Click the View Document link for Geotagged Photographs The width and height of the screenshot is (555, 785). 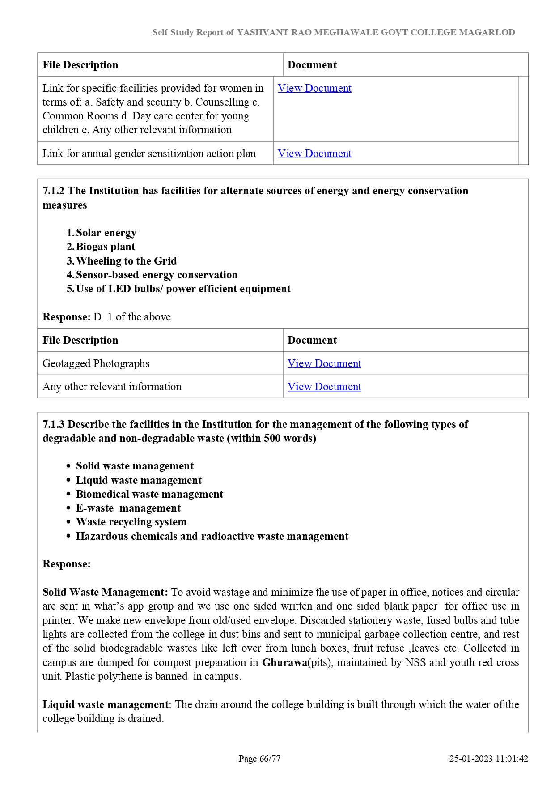[x=324, y=363]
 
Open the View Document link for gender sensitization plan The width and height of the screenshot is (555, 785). [x=314, y=154]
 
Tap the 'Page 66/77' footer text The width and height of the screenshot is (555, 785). [x=259, y=759]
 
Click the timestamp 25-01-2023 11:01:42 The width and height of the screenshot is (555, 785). [x=489, y=759]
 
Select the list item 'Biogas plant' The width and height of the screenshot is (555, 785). [x=106, y=247]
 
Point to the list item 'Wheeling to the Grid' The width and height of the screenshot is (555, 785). [x=127, y=261]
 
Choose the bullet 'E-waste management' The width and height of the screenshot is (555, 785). [x=128, y=508]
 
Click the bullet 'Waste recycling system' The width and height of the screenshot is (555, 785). [x=131, y=522]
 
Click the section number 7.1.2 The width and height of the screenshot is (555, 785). [x=54, y=191]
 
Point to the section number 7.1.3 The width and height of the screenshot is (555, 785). [x=54, y=424]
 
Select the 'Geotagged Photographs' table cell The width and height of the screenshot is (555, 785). [x=96, y=363]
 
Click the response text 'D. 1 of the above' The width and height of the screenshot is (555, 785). [x=132, y=317]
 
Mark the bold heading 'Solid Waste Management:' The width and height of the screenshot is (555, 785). [x=105, y=592]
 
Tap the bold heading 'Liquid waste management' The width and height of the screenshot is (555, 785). [x=106, y=704]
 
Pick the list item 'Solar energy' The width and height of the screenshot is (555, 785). [x=106, y=233]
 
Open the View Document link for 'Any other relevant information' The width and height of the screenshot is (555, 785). [x=324, y=387]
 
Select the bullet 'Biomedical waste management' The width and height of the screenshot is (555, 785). [x=149, y=494]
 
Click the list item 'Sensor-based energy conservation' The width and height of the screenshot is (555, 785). [x=157, y=275]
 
